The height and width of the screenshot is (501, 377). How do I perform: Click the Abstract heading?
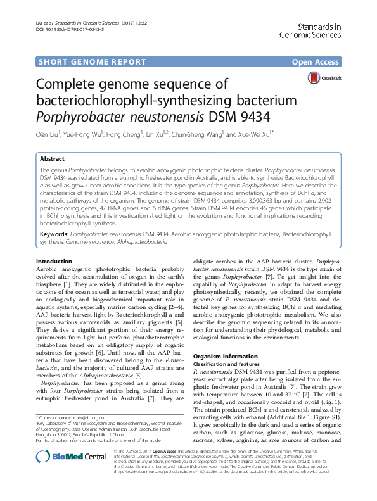52,159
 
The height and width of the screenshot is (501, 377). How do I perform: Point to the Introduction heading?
54,261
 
